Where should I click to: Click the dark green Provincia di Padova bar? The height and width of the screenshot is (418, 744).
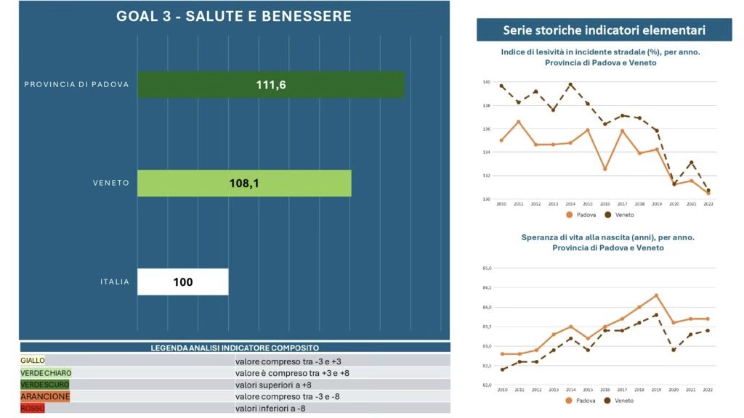pos(270,84)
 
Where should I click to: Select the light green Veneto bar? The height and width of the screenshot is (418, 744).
pos(244,183)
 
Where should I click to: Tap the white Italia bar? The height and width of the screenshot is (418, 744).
pos(183,282)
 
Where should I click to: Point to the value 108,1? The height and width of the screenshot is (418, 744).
pos(244,184)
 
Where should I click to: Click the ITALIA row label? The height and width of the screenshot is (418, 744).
pos(115,282)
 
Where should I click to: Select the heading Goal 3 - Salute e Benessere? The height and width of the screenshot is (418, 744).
pos(234,16)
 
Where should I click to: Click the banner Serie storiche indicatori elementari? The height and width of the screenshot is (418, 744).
pos(604,30)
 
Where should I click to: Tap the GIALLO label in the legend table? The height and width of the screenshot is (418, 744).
pos(33,360)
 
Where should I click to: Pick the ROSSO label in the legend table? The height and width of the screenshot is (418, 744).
pos(33,409)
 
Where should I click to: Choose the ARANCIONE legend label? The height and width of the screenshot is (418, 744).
pos(45,397)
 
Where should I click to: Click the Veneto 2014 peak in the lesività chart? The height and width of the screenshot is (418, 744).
pos(570,84)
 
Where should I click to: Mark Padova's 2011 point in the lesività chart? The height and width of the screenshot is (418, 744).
pos(519,121)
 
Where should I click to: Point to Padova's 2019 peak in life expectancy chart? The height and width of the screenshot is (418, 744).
pos(657,295)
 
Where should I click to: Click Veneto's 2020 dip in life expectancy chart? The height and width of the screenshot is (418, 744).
pos(674,350)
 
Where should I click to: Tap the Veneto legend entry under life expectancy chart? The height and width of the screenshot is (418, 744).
pos(620,401)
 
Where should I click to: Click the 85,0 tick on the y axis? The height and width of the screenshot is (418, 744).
pos(487,269)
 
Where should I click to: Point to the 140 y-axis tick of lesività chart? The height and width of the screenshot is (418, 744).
pos(487,83)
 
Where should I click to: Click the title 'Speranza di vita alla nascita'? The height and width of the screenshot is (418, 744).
pos(607,237)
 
